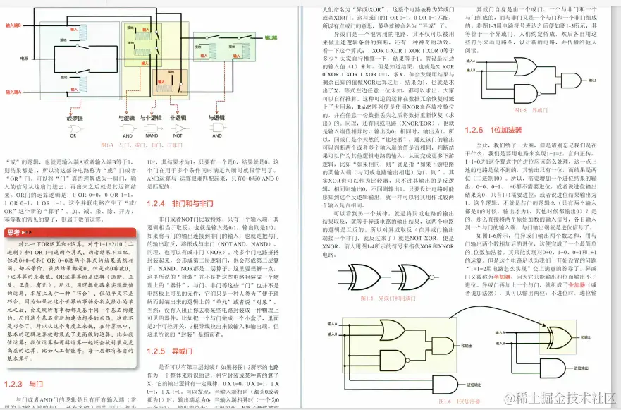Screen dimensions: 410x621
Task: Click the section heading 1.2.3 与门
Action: (x=24, y=384)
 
